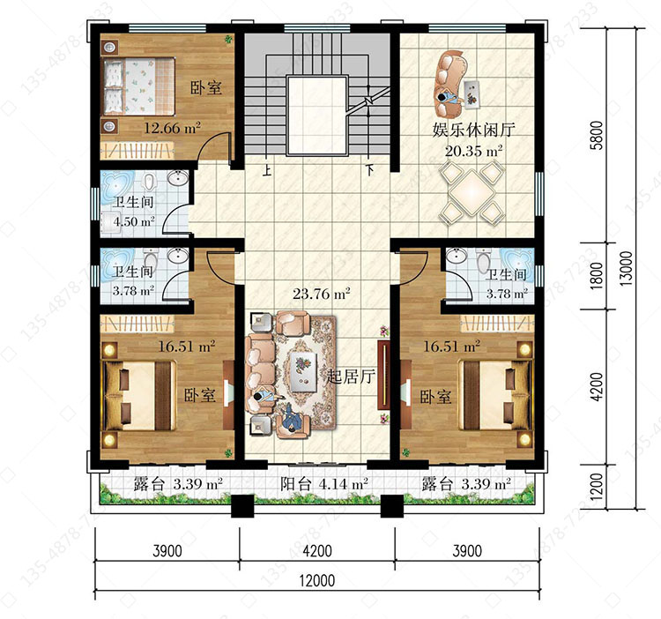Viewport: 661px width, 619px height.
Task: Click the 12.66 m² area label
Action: coord(172,128)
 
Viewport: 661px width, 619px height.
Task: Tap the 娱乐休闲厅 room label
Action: coord(473,130)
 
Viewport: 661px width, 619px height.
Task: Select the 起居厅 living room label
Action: coord(351,377)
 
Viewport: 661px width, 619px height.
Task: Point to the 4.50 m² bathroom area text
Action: coord(134,221)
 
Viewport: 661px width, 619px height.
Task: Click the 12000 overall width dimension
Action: coord(317,580)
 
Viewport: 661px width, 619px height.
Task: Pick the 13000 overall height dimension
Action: coord(627,269)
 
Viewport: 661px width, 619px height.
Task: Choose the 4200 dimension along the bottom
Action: coord(317,551)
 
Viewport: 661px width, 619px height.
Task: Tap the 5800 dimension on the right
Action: coord(597,135)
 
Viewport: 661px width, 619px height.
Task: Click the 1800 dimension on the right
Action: coord(597,275)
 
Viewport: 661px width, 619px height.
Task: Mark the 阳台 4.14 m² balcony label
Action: coord(324,483)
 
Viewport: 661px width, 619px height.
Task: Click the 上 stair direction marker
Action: coord(266,170)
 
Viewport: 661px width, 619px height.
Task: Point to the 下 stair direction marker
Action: coord(369,170)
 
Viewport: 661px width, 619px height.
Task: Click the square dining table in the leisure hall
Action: coord(472,193)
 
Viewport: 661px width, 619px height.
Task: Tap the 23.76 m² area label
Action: coord(322,293)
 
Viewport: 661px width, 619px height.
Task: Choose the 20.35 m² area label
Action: coord(473,151)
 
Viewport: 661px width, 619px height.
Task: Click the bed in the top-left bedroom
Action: coord(138,86)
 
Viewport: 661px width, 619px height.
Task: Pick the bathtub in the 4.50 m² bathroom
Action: coord(117,184)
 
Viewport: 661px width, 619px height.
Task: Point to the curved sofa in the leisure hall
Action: coord(450,84)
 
